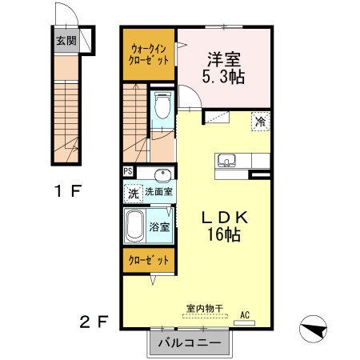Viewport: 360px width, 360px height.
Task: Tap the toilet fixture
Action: [x=163, y=106]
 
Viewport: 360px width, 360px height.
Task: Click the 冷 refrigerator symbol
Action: [x=260, y=122]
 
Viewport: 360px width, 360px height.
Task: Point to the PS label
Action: [x=128, y=171]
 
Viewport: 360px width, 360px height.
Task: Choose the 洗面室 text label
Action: [x=160, y=193]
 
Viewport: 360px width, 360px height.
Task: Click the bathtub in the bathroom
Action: [x=135, y=226]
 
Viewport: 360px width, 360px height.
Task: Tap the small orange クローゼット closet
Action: [x=149, y=261]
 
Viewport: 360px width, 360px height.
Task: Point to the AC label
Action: [x=245, y=314]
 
